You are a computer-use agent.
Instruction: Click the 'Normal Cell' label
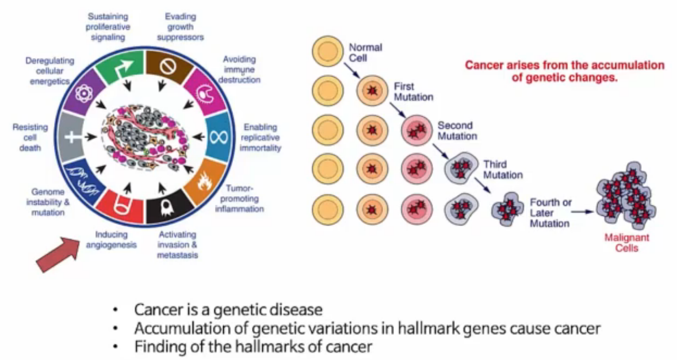click(x=366, y=52)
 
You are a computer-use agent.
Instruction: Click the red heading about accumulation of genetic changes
click(x=564, y=71)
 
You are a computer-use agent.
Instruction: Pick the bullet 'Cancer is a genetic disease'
click(x=228, y=310)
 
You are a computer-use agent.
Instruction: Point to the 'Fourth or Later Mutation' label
click(x=550, y=213)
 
